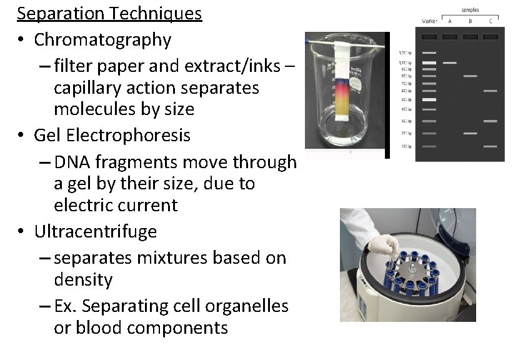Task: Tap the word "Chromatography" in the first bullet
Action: pos(102,39)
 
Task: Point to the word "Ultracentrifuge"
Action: pos(96,231)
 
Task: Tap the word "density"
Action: pos(83,279)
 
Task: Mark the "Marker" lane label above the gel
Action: pos(429,21)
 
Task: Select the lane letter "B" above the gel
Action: pos(470,21)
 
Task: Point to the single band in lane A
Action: pos(449,63)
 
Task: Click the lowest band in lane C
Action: pos(490,146)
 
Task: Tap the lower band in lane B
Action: pos(470,133)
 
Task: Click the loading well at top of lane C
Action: pos(490,37)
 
